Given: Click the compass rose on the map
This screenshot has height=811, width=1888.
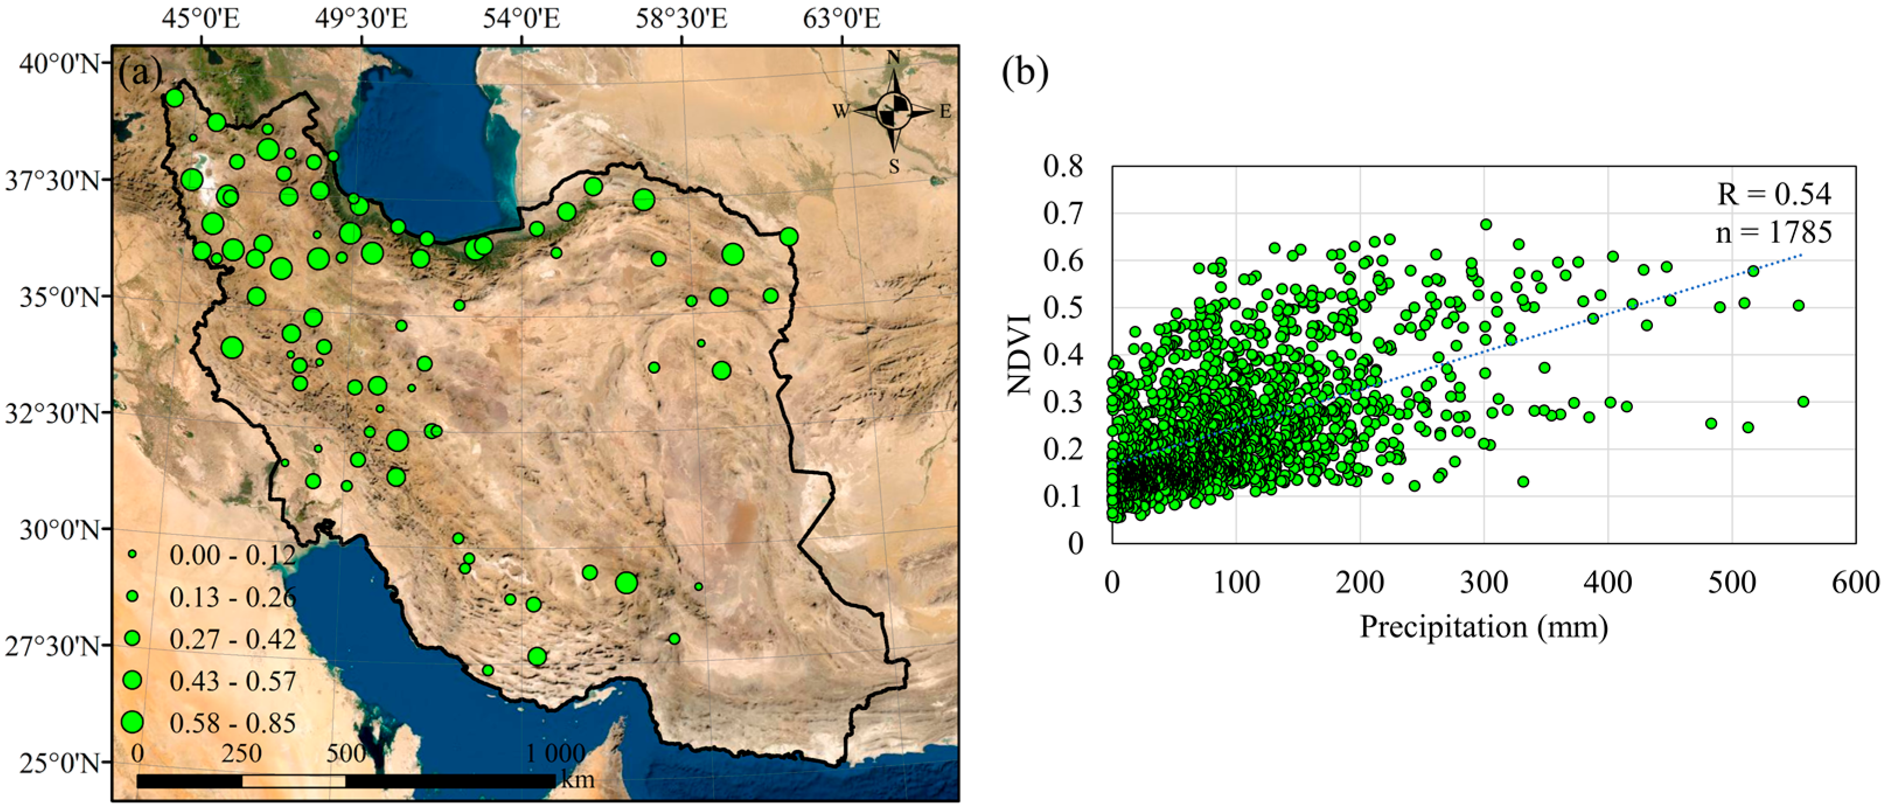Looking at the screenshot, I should (894, 112).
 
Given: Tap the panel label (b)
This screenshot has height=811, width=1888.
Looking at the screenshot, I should (1025, 74).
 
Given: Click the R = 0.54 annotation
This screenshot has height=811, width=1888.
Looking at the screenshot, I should (1774, 194).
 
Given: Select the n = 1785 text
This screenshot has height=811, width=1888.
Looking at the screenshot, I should (1773, 232).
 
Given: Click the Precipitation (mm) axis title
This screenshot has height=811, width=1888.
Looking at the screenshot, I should (1484, 628).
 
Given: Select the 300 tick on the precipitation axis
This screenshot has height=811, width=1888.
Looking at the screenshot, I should (1484, 583).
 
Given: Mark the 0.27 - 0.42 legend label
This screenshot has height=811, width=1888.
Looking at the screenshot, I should (232, 639).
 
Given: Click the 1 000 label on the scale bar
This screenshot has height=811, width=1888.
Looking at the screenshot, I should (555, 753).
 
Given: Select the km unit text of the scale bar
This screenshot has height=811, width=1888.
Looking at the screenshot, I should (578, 779).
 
